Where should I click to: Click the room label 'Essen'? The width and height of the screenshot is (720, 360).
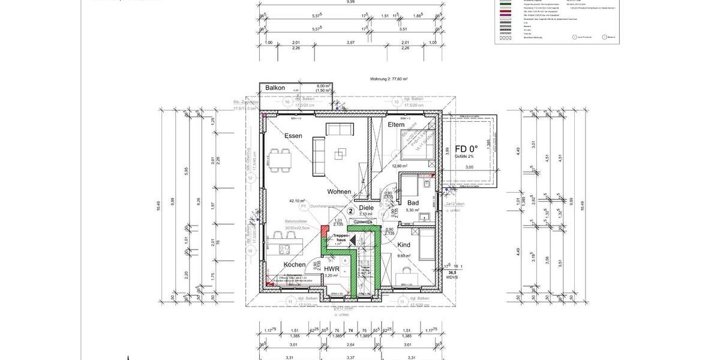pyautogui.click(x=293, y=136)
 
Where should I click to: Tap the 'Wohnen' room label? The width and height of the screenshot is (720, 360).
pyautogui.click(x=339, y=192)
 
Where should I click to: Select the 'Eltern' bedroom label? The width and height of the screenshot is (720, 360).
pyautogui.click(x=400, y=125)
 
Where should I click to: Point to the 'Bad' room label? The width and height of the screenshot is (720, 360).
pyautogui.click(x=413, y=203)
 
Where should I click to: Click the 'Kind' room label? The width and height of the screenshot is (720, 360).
pyautogui.click(x=404, y=245)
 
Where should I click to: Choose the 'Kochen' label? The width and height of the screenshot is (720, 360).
pyautogui.click(x=295, y=265)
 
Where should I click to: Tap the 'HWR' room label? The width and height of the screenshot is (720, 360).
pyautogui.click(x=332, y=269)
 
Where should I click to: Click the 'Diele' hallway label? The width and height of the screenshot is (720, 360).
pyautogui.click(x=366, y=208)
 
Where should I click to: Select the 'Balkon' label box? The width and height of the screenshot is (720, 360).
pyautogui.click(x=275, y=88)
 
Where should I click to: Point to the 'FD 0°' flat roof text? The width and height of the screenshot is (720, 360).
pyautogui.click(x=466, y=149)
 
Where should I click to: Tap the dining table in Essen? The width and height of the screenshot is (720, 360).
pyautogui.click(x=280, y=160)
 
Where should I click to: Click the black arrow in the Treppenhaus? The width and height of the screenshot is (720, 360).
pyautogui.click(x=353, y=240)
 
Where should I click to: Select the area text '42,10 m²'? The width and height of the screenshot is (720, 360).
pyautogui.click(x=297, y=202)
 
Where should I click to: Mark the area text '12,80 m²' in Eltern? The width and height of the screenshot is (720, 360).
pyautogui.click(x=400, y=166)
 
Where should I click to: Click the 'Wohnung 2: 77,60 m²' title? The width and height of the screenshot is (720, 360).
pyautogui.click(x=389, y=79)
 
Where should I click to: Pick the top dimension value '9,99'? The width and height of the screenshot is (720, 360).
pyautogui.click(x=350, y=2)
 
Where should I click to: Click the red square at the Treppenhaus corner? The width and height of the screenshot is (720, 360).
pyautogui.click(x=325, y=230)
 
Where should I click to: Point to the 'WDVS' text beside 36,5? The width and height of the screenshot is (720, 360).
pyautogui.click(x=452, y=277)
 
